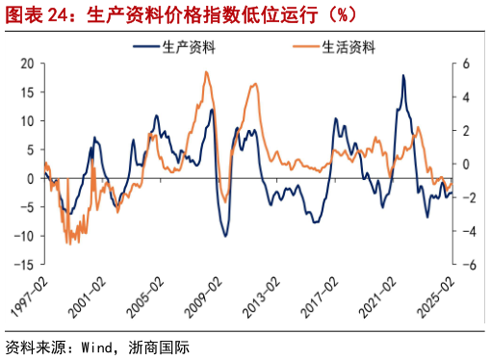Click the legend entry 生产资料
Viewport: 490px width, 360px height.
coord(183,46)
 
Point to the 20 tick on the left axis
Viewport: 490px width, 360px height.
coord(27,64)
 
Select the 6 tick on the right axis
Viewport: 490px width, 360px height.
coord(464,64)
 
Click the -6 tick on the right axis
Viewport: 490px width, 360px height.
coord(467,265)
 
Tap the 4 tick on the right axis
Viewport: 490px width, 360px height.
coord(464,97)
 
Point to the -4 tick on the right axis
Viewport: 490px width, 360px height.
coord(467,231)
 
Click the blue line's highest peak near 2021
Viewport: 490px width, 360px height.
coord(402,75)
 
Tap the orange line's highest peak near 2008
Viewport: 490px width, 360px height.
coord(206,72)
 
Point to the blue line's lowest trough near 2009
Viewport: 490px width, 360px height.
coord(226,236)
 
